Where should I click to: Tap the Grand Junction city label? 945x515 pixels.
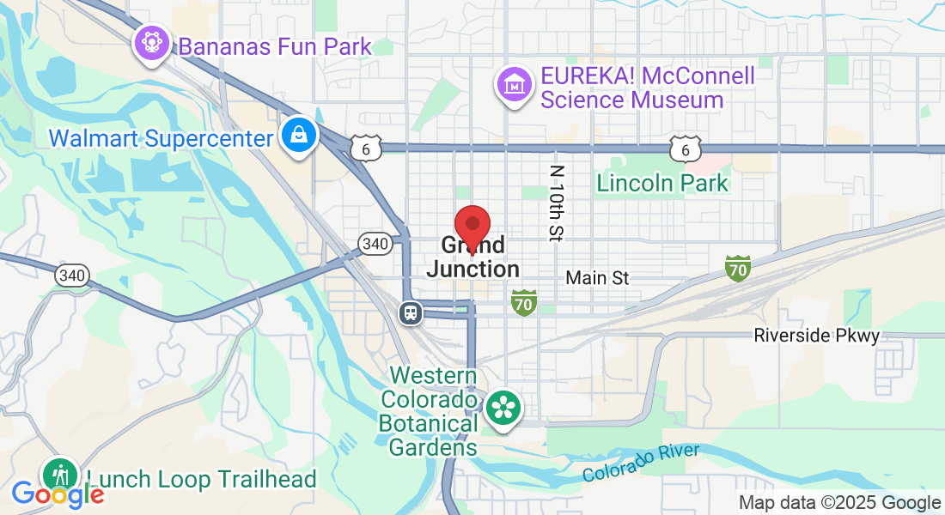point(473,257)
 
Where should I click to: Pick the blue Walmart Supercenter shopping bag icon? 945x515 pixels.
point(298,136)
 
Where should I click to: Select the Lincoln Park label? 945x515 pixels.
point(662,183)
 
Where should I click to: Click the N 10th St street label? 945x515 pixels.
point(558,203)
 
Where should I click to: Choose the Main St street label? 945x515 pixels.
point(597,278)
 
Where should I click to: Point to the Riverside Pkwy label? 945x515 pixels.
point(816,336)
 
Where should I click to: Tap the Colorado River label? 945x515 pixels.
point(640,463)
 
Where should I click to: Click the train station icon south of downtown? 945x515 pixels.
point(411,312)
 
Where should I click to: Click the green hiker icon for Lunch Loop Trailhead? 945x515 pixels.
point(61,475)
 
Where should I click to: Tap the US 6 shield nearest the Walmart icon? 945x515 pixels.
point(365,148)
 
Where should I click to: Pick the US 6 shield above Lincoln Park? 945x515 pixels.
point(686,148)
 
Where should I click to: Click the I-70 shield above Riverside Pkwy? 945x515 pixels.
point(737,268)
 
